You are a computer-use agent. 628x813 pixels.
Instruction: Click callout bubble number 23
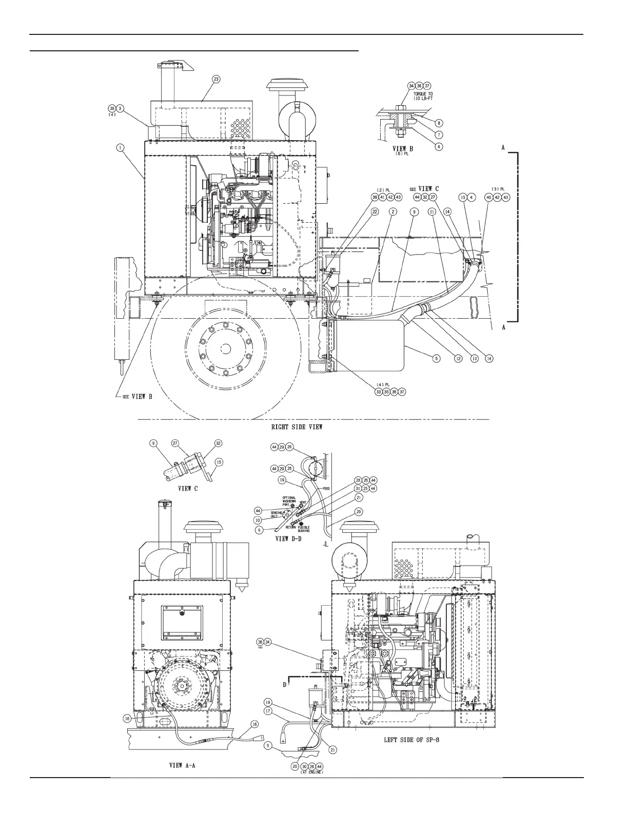217,79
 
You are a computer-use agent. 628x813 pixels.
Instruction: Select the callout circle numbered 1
119,148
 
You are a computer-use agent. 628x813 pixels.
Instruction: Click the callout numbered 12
457,359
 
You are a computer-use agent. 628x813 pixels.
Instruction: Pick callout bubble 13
473,359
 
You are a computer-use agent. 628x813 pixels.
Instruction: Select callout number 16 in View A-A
127,719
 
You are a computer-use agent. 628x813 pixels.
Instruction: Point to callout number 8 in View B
439,123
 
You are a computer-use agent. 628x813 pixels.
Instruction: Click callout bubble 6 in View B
439,146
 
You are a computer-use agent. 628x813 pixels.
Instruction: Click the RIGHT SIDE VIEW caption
297,427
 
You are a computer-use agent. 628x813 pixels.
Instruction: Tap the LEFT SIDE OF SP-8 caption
414,741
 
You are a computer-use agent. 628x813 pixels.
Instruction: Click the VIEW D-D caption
289,539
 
